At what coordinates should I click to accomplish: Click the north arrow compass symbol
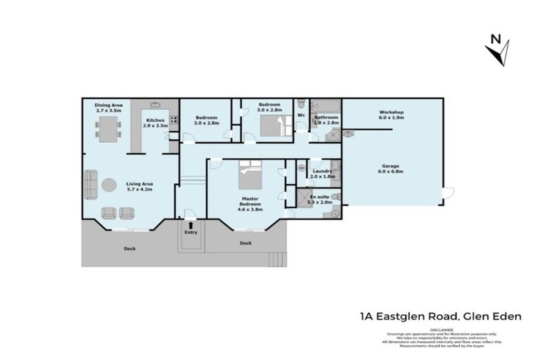pyautogui.click(x=498, y=51)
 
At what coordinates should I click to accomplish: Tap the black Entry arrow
pyautogui.click(x=190, y=224)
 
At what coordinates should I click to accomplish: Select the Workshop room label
pyautogui.click(x=392, y=112)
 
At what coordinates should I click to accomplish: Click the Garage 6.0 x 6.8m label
pyautogui.click(x=392, y=169)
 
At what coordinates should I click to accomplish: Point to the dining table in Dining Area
pyautogui.click(x=108, y=129)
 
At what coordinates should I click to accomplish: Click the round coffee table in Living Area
pyautogui.click(x=109, y=185)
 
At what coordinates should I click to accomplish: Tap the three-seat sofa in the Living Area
pyautogui.click(x=90, y=185)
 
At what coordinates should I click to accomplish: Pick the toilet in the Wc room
pyautogui.click(x=301, y=104)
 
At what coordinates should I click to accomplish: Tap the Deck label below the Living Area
pyautogui.click(x=130, y=248)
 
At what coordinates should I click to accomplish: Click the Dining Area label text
pyautogui.click(x=108, y=105)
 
